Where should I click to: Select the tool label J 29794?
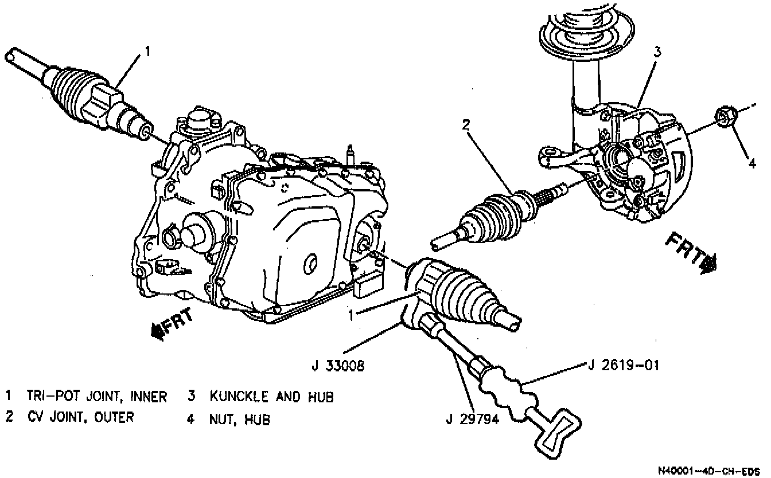coord(472,419)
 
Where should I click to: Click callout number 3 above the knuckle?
coord(657,52)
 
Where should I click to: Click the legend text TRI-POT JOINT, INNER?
coord(97,396)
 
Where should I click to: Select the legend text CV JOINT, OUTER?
coord(80,417)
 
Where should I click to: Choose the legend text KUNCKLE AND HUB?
coord(271,396)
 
